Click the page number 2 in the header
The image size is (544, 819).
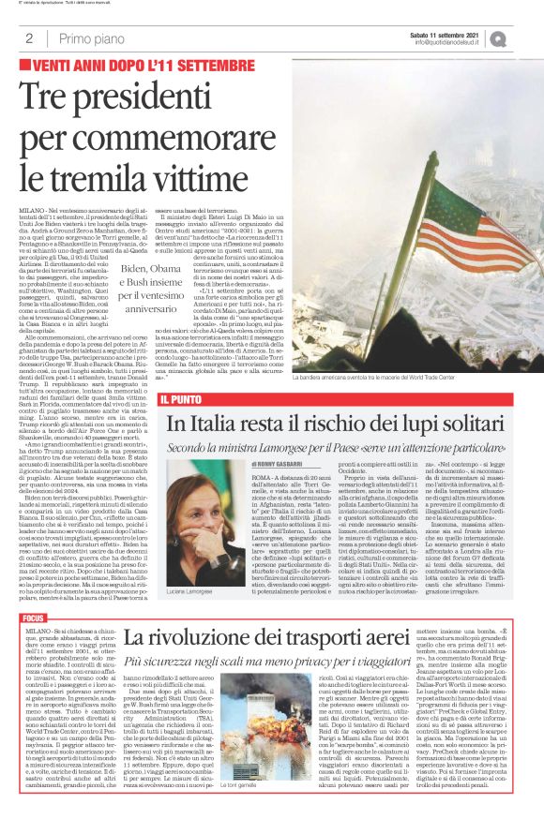(x=28, y=38)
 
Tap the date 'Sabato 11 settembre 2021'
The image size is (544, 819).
(x=461, y=33)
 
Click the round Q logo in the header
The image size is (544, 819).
(x=522, y=37)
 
